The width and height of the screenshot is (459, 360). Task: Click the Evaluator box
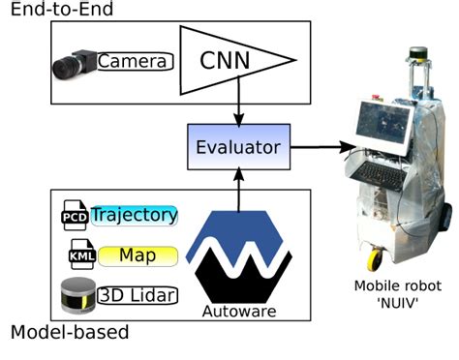(238, 148)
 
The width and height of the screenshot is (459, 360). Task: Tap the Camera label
(135, 62)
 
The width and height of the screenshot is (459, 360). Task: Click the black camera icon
(74, 63)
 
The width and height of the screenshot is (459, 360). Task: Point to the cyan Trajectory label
(135, 215)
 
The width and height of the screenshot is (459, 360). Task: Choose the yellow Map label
(135, 255)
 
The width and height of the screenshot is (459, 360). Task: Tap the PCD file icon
(74, 216)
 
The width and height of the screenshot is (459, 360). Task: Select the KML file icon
(78, 255)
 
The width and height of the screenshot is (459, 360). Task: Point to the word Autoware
(238, 313)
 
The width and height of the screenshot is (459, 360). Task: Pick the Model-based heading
(69, 334)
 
